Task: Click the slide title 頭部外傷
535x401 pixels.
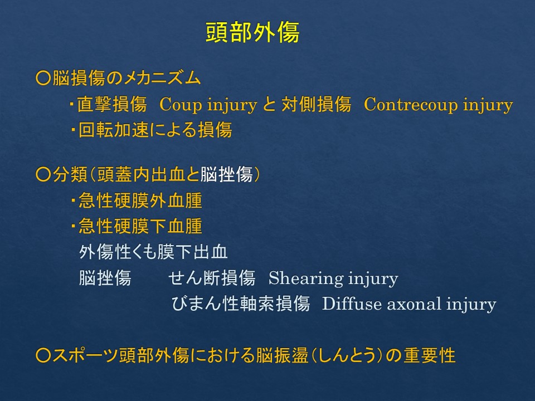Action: point(252,32)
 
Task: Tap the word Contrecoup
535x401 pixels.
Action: point(410,105)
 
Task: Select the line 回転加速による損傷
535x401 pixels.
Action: point(155,130)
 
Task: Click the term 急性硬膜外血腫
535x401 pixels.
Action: point(140,200)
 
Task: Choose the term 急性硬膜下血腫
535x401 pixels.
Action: point(140,226)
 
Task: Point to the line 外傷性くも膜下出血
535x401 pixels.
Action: point(153,252)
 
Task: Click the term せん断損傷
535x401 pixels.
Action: point(212,278)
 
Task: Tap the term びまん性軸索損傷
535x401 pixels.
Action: point(241,304)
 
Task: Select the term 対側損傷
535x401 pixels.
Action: point(317,104)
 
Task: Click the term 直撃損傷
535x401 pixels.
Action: point(112,104)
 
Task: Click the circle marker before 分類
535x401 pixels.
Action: point(43,174)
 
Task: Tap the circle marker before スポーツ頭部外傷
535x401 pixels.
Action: point(43,355)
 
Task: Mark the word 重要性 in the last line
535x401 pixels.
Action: point(429,355)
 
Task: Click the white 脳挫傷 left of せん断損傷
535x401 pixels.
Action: point(105,278)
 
